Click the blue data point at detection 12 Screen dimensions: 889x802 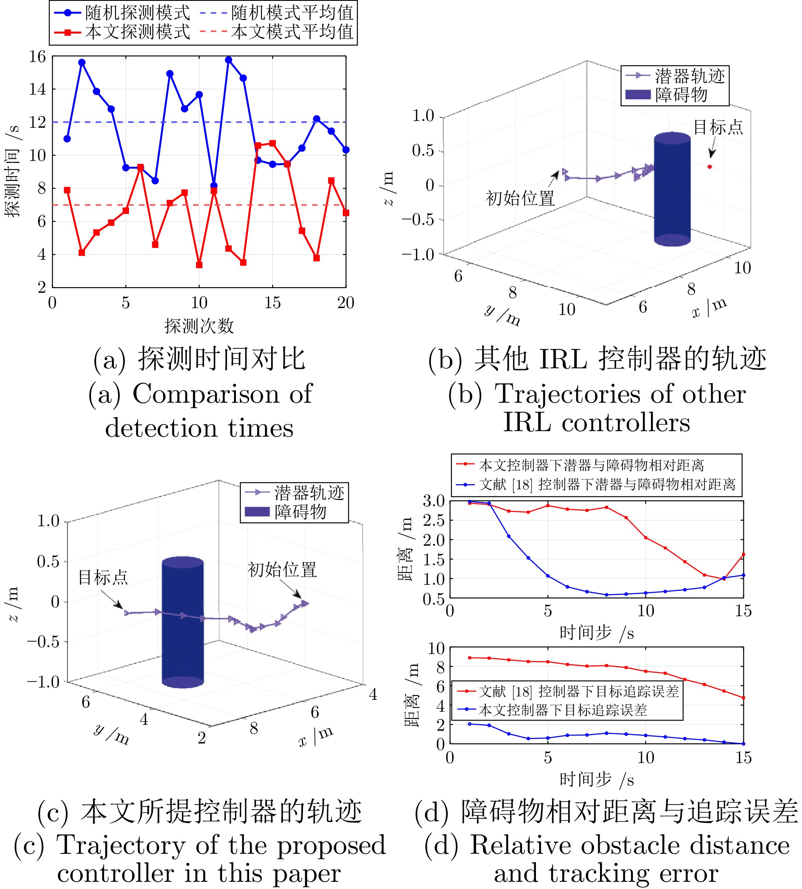coord(228,60)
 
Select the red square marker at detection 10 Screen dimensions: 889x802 coord(199,265)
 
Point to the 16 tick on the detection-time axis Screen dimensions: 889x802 coord(38,56)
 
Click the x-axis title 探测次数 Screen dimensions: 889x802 coord(199,326)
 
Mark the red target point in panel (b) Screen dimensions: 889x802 coord(709,167)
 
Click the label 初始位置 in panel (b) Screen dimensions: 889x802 coord(520,198)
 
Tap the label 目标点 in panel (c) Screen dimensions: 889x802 coord(103,577)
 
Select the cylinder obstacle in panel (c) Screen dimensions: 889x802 coord(182,622)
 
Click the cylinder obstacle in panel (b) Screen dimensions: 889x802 coord(672,189)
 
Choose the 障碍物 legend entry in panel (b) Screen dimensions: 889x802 coord(681,95)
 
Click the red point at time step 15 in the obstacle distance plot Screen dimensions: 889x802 coord(743,555)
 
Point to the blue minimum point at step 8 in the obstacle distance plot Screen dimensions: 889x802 coord(607,595)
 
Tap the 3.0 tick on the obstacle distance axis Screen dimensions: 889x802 coord(434,501)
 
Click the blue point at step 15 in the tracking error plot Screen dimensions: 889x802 coord(743,743)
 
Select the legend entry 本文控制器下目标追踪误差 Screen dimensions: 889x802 coord(563,710)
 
